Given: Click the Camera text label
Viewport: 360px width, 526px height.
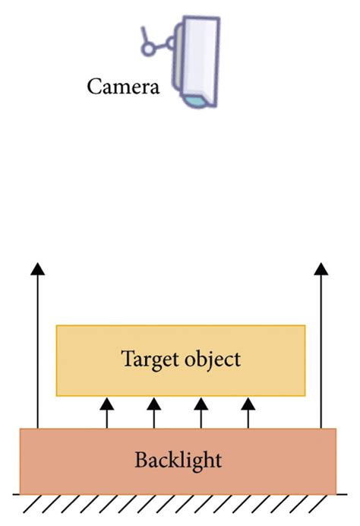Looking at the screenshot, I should (x=123, y=86).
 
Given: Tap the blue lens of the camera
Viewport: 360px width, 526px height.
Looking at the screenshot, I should (x=197, y=100).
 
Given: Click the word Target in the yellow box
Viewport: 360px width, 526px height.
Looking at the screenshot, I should (x=148, y=359).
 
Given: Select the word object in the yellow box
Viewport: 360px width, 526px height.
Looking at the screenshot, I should (x=214, y=359).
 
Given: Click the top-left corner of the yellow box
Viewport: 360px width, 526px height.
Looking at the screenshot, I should (x=57, y=326).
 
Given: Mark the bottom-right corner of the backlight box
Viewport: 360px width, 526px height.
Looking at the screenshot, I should (x=336, y=494).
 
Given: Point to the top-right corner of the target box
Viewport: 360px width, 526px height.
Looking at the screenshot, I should (x=305, y=326).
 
